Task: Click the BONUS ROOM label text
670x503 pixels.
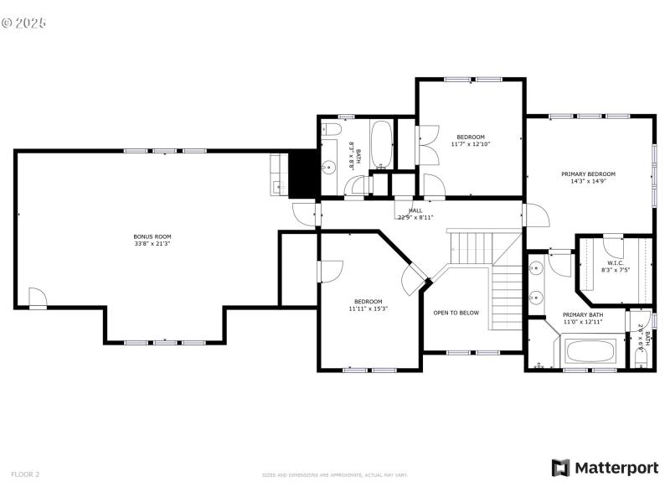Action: click(x=152, y=236)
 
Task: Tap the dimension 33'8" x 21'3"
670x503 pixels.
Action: click(x=152, y=244)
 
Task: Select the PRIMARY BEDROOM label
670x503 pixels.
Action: click(x=588, y=174)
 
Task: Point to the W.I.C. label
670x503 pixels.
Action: click(x=616, y=263)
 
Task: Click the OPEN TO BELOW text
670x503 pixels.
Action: click(x=456, y=313)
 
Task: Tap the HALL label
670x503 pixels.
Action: click(x=415, y=210)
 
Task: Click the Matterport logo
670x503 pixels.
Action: click(x=605, y=468)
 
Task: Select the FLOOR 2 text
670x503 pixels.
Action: click(x=25, y=474)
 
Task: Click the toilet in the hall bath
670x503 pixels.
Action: click(x=331, y=131)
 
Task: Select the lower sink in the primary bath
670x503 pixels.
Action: click(x=536, y=298)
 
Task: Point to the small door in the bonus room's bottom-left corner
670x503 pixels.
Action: click(x=37, y=298)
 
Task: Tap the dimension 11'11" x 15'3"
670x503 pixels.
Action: click(x=368, y=309)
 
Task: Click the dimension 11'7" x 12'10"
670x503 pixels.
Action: click(x=470, y=143)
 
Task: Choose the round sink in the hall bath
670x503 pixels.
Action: click(x=329, y=168)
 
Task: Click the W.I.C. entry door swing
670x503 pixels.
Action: click(x=612, y=245)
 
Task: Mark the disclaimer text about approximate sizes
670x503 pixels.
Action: click(x=335, y=475)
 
